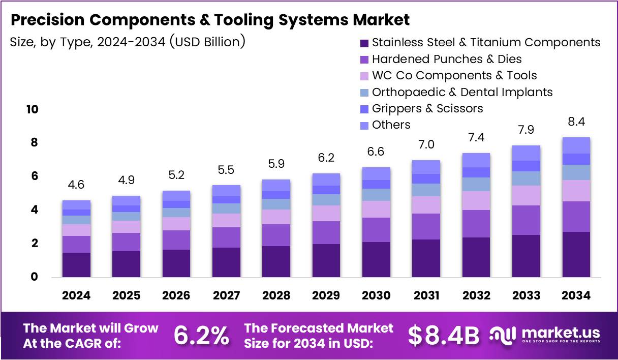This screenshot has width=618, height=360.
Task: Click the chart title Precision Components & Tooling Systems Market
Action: pos(210,20)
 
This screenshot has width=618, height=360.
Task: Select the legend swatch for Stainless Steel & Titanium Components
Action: pos(363,42)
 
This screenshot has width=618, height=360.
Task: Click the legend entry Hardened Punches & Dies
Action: pos(446,59)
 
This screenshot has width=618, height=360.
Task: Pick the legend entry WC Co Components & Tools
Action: pos(454,76)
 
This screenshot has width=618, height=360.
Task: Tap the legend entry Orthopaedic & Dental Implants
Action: pos(462,92)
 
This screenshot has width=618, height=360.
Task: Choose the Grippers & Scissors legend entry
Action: pos(427,108)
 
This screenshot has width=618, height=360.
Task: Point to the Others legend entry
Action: pos(391,125)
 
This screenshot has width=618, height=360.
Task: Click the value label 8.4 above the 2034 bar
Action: pos(576,122)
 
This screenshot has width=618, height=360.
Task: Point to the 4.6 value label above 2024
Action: pos(76,185)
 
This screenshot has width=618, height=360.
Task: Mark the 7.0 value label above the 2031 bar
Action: pos(426,145)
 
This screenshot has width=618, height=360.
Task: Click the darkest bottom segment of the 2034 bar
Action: pos(576,254)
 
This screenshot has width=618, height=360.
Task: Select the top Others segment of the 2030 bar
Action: pos(376,173)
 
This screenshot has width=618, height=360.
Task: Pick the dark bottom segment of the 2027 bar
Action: pos(226,262)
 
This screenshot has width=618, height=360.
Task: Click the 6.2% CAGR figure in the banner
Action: pos(201,336)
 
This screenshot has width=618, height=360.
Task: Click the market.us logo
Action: pos(545,335)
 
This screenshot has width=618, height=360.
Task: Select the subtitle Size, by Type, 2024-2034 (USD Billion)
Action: pos(128,42)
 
